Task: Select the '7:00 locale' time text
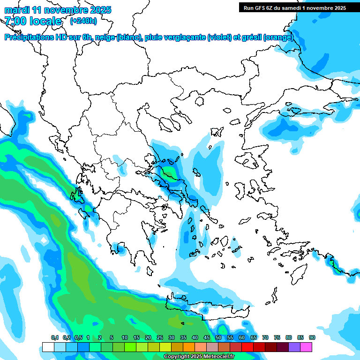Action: (x=33, y=21)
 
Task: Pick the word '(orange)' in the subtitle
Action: (x=278, y=37)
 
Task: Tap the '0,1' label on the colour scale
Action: (x=55, y=338)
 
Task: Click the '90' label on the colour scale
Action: (x=312, y=338)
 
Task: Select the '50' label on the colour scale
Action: (x=218, y=338)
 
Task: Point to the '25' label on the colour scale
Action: (x=160, y=338)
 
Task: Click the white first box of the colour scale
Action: (x=48, y=347)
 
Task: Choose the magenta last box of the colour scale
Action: (x=306, y=347)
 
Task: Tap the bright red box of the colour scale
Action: (x=247, y=347)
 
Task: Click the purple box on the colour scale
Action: (x=294, y=347)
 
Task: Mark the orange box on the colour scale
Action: (x=189, y=347)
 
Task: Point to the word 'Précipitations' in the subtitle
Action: (x=29, y=37)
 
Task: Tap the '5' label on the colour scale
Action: (x=112, y=338)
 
